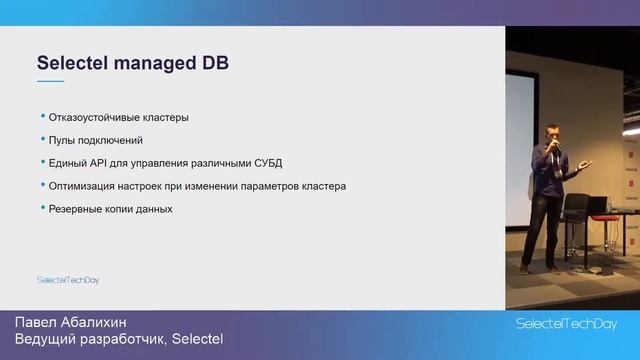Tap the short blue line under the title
click(x=50, y=81)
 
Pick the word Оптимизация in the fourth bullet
click(x=87, y=186)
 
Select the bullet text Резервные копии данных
click(x=111, y=209)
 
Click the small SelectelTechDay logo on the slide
click(x=68, y=280)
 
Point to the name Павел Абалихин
click(x=71, y=322)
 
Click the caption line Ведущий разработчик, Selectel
click(x=118, y=341)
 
